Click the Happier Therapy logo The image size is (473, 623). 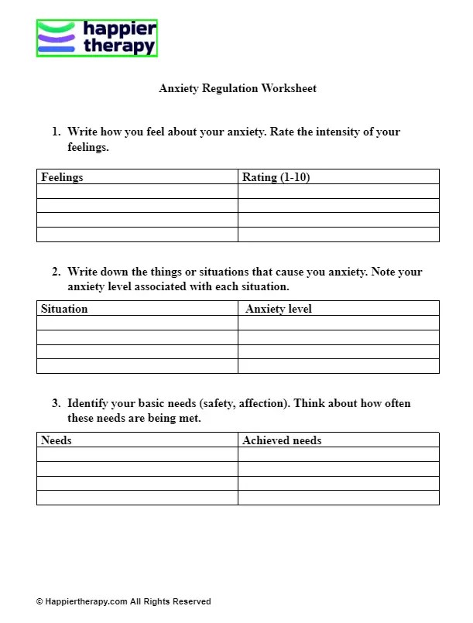97,38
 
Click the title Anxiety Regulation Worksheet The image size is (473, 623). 238,88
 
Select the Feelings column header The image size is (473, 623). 62,177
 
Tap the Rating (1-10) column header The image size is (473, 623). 276,177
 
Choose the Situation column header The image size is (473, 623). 64,309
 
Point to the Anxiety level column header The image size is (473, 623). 279,309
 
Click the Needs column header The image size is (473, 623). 57,440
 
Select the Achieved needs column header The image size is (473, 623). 282,440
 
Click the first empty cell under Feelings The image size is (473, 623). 137,191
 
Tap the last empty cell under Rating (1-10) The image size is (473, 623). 338,234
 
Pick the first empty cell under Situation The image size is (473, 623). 137,323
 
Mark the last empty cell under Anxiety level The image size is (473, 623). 338,366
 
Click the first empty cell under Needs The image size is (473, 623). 137,454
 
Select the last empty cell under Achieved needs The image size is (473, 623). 338,498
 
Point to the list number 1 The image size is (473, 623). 56,132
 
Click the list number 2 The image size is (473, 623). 56,272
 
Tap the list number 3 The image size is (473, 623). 56,404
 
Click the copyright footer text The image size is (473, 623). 123,601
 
